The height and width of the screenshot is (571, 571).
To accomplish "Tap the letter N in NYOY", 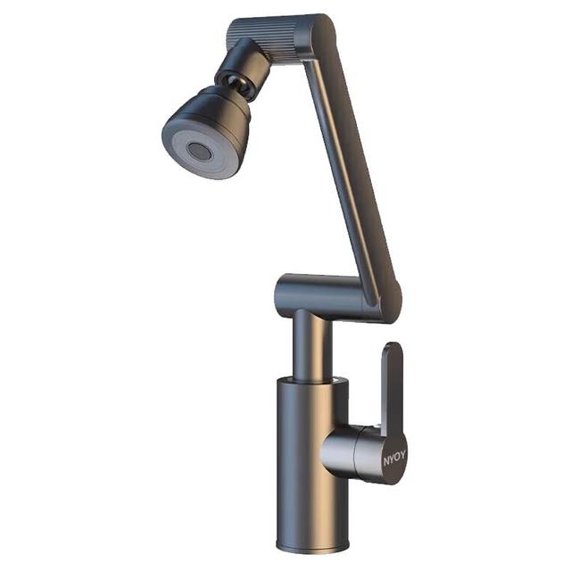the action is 386,462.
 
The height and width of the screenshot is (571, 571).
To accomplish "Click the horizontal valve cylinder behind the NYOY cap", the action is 341,450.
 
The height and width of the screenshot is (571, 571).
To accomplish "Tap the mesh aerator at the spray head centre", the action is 198,151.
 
